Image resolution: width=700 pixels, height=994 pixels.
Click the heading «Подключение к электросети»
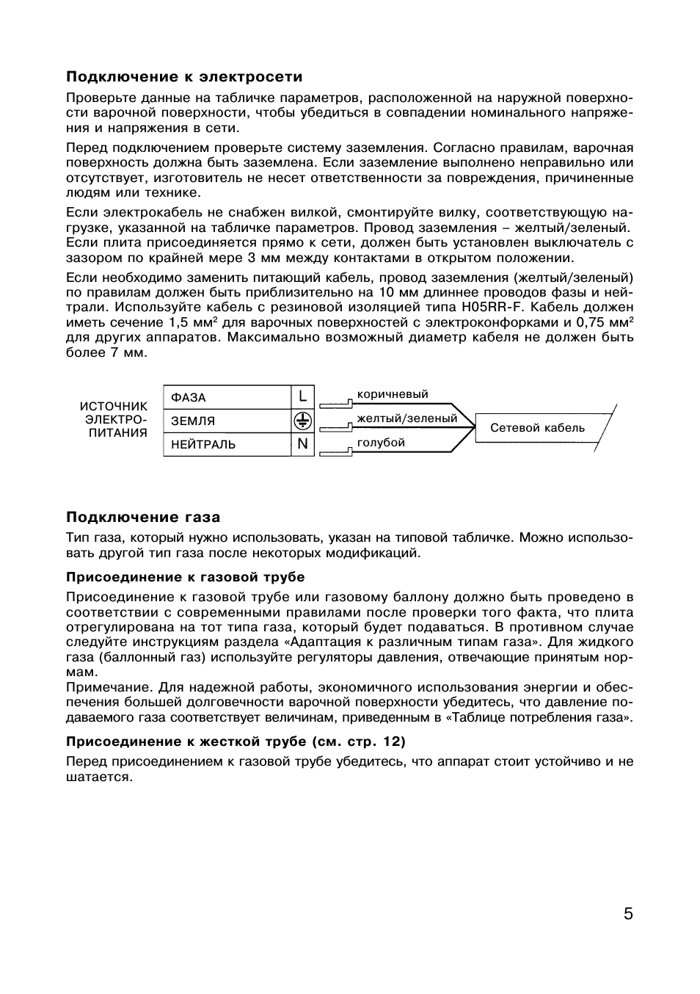[x=184, y=77]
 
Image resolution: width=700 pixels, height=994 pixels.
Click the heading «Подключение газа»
[x=143, y=518]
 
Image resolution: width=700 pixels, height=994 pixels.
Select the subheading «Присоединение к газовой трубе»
[x=185, y=577]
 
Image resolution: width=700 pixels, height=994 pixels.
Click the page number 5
[x=627, y=914]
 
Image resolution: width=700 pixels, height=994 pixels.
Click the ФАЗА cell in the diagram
[x=227, y=398]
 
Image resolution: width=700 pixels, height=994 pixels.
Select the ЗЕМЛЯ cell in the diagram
[x=227, y=421]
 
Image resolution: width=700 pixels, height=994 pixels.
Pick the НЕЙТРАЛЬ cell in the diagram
[x=227, y=445]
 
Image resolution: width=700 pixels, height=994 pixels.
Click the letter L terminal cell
[x=302, y=398]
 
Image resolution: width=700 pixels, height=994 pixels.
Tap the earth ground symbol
[x=302, y=421]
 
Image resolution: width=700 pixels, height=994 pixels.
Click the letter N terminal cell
[x=302, y=445]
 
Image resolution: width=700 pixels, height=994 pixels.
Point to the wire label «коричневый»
[x=392, y=394]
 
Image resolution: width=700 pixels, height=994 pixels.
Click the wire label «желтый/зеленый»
[x=406, y=418]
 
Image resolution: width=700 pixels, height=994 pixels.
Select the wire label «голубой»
[x=381, y=443]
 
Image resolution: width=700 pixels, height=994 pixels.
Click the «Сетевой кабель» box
[x=537, y=428]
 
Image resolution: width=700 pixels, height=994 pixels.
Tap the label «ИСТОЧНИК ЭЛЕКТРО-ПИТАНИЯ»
[x=114, y=419]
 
